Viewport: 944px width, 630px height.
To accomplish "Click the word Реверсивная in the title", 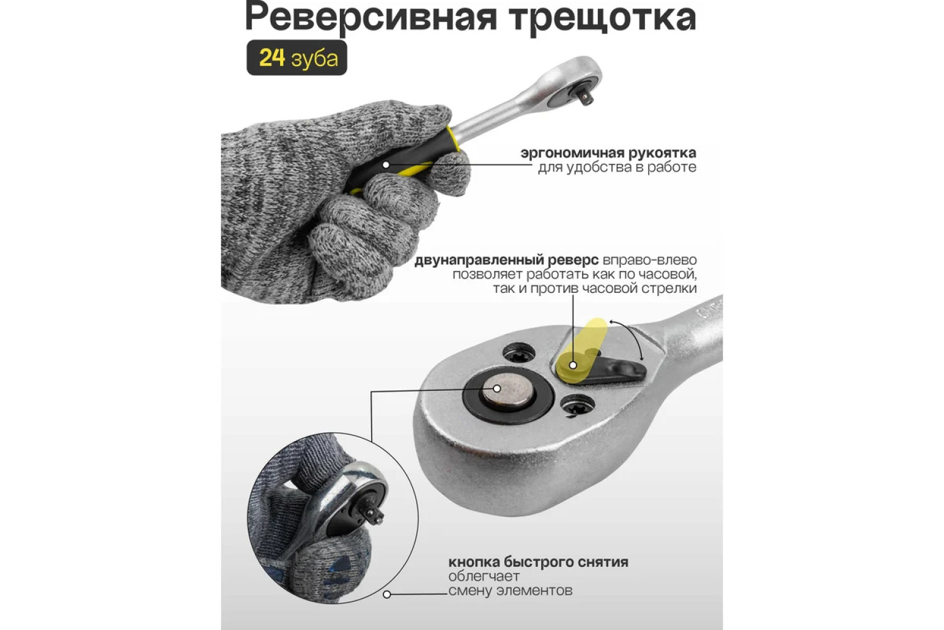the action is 371,18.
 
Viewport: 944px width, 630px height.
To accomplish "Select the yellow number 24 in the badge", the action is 272,58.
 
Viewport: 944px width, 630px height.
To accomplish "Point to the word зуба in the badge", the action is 315,59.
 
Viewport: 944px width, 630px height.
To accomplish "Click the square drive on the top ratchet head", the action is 583,96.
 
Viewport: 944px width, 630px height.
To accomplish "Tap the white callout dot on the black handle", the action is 386,164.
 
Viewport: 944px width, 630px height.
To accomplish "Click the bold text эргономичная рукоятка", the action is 609,152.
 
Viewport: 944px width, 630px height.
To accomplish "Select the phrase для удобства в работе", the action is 617,168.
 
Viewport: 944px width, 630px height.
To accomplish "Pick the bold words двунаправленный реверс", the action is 507,260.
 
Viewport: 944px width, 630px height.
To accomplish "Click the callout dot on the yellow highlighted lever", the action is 573,365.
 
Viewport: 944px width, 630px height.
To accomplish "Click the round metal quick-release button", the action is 508,393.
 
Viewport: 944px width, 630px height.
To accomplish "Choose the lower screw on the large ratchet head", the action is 578,406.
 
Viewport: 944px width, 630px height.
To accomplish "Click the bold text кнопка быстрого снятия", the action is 538,562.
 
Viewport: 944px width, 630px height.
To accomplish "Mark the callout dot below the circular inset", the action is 387,595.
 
